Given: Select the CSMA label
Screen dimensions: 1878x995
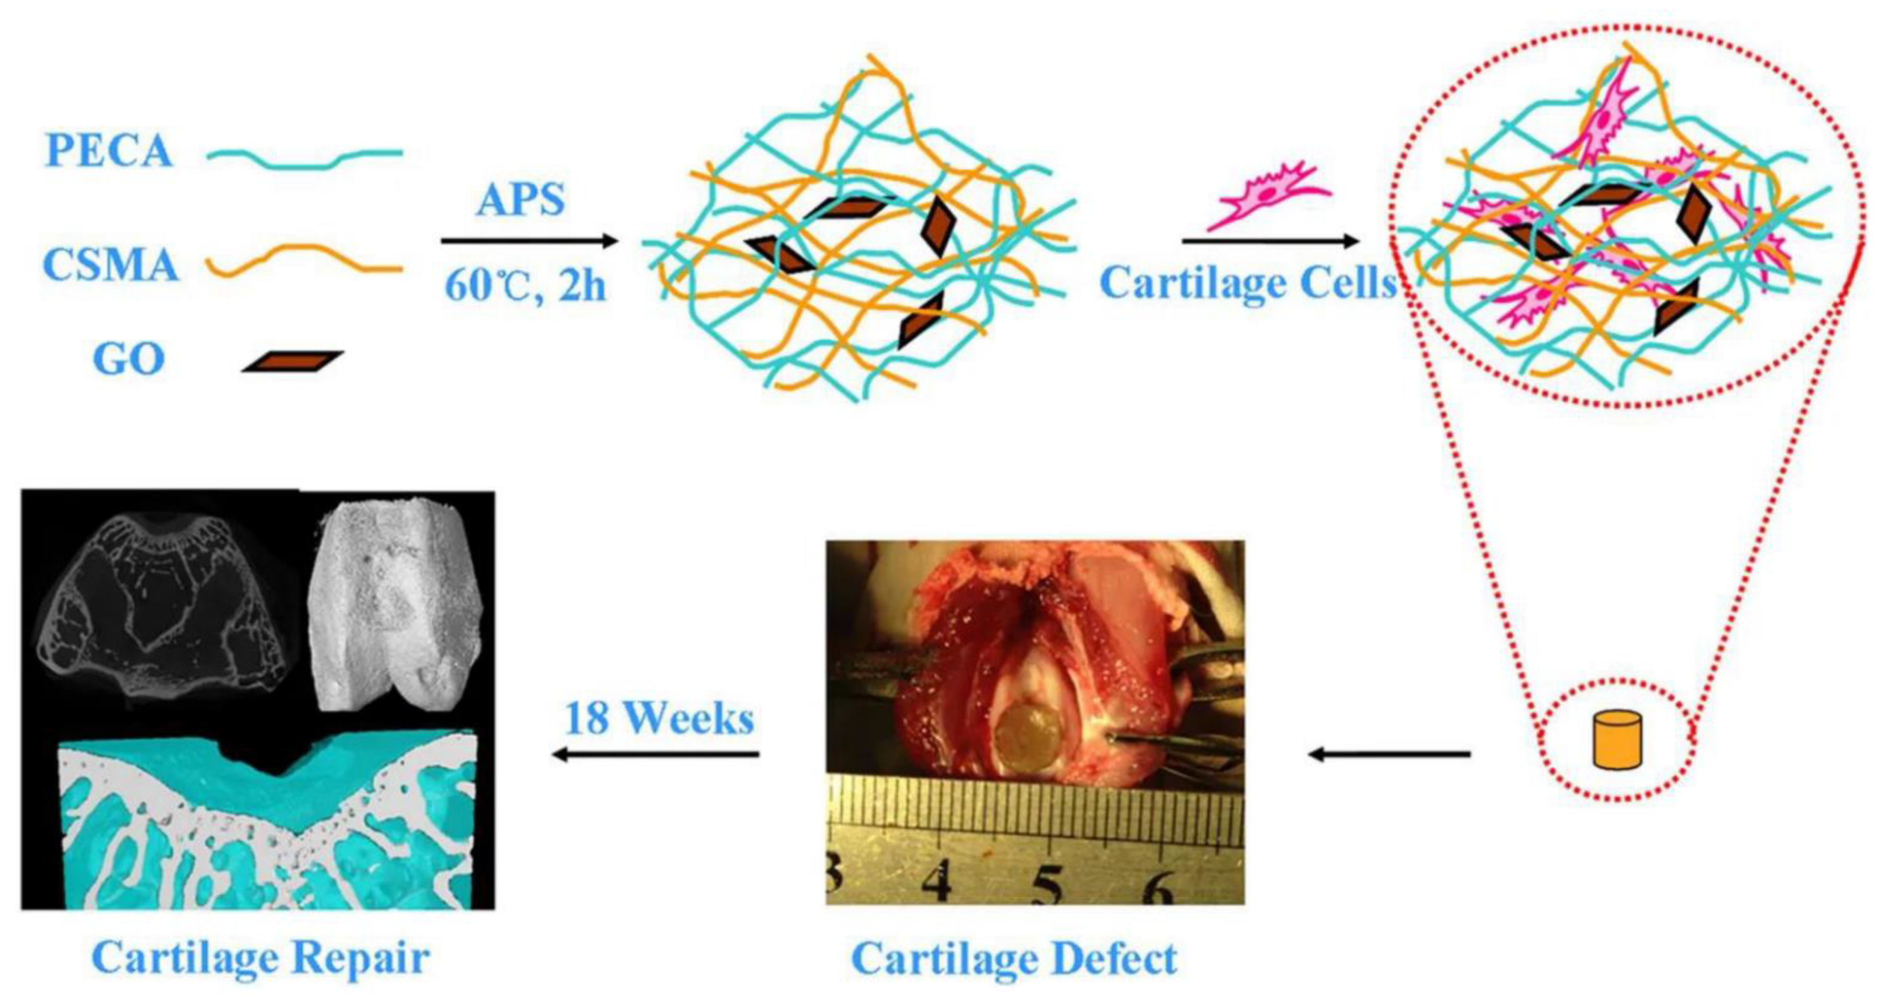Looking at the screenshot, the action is (111, 264).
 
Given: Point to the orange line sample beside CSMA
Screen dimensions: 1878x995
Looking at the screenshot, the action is (305, 261).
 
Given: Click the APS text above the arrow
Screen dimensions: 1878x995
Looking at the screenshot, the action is (521, 199).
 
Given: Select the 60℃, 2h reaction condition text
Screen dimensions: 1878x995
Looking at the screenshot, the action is (525, 286).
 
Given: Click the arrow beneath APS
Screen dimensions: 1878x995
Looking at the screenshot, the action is (529, 241).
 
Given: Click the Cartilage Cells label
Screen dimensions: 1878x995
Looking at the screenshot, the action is (1248, 283).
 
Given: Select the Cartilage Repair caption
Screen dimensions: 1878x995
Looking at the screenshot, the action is (261, 957).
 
